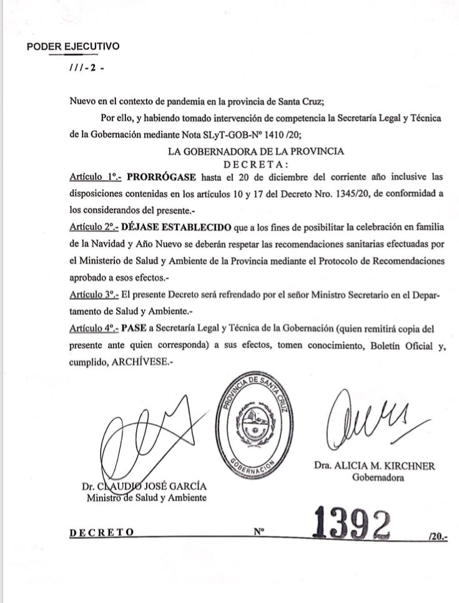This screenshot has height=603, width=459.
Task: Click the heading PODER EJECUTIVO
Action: click(x=73, y=47)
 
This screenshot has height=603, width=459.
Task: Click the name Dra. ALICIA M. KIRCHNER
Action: click(x=374, y=466)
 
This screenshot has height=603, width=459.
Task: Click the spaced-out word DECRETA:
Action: click(x=257, y=165)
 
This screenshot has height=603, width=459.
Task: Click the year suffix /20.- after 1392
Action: click(x=440, y=535)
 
